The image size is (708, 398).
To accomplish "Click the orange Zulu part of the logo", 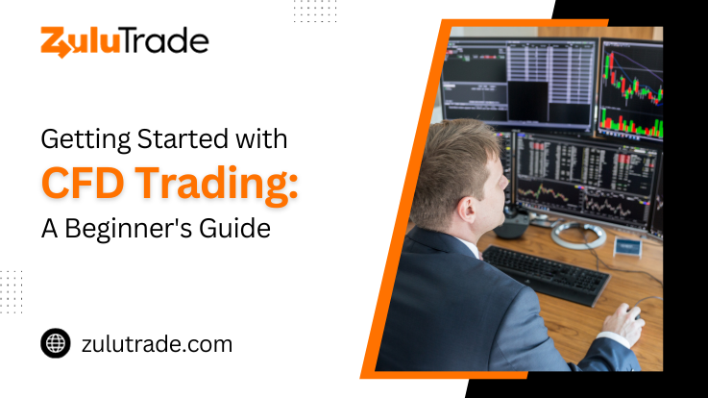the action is [x=81, y=42].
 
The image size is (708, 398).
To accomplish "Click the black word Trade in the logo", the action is [x=165, y=41].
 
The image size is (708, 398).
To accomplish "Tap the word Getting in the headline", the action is [x=85, y=139].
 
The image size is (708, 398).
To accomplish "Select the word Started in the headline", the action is [x=183, y=138].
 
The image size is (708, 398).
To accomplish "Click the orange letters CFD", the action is [x=83, y=183].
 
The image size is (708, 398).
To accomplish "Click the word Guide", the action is [x=234, y=228].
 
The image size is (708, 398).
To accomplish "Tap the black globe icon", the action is [x=56, y=343].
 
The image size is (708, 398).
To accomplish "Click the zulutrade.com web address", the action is [x=158, y=344].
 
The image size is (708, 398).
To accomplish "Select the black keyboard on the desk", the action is [x=546, y=274].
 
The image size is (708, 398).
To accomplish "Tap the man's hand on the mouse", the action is [x=624, y=322].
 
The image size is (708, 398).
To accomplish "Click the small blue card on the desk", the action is [x=627, y=247].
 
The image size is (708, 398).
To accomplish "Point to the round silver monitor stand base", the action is [x=578, y=235].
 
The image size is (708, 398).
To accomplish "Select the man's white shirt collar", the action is [x=470, y=248].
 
